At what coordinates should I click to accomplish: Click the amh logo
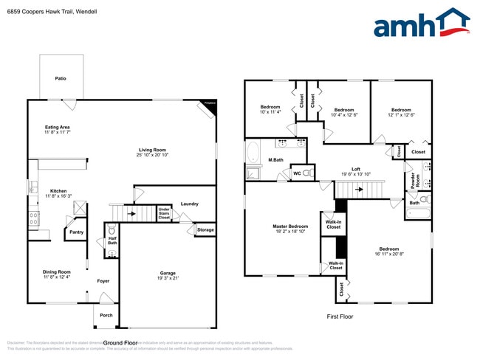(x=421, y=24)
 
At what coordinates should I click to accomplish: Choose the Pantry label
(x=76, y=232)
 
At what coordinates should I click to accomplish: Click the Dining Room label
(x=57, y=274)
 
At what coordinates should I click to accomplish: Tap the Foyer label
(x=103, y=281)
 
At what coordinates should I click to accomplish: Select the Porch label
(x=106, y=315)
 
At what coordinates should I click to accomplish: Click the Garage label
(x=168, y=274)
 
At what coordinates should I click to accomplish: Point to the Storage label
(x=205, y=230)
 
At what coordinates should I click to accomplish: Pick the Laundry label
(x=189, y=204)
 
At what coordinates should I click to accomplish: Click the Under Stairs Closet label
(x=164, y=214)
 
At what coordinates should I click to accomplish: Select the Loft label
(x=355, y=171)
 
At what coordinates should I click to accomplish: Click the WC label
(x=297, y=174)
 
